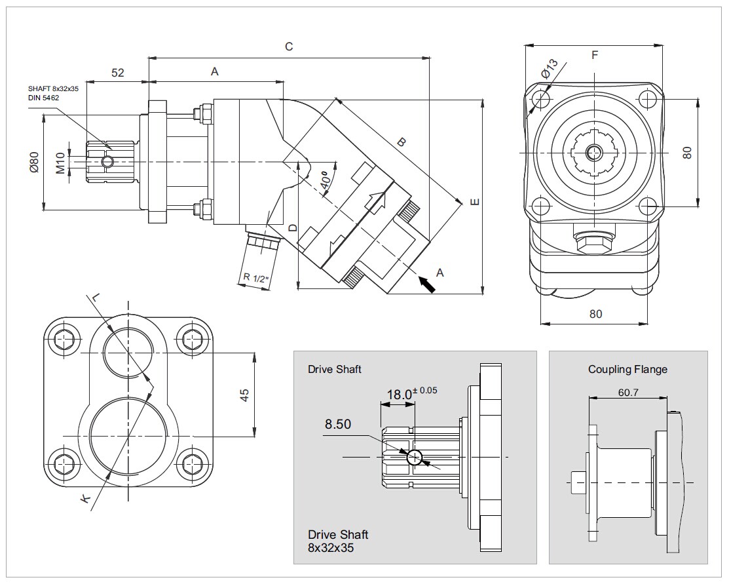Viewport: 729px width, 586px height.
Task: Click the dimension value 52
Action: click(x=117, y=73)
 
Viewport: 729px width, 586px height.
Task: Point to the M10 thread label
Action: click(x=60, y=162)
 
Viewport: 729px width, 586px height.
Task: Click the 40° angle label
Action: click(x=326, y=178)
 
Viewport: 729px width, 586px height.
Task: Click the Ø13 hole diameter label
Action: click(x=550, y=68)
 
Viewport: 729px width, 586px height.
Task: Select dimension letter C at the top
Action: click(x=288, y=47)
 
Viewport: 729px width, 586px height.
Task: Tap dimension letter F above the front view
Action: click(x=594, y=55)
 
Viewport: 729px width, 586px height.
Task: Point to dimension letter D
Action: click(x=293, y=228)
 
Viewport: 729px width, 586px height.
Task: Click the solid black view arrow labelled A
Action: click(x=426, y=284)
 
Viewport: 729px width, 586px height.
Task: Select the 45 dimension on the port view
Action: click(x=245, y=395)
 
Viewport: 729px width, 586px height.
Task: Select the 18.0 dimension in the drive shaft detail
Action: click(x=400, y=395)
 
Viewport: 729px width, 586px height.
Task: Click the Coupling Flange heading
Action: click(x=627, y=369)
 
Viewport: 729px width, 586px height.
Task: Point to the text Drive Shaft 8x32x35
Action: click(x=338, y=541)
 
